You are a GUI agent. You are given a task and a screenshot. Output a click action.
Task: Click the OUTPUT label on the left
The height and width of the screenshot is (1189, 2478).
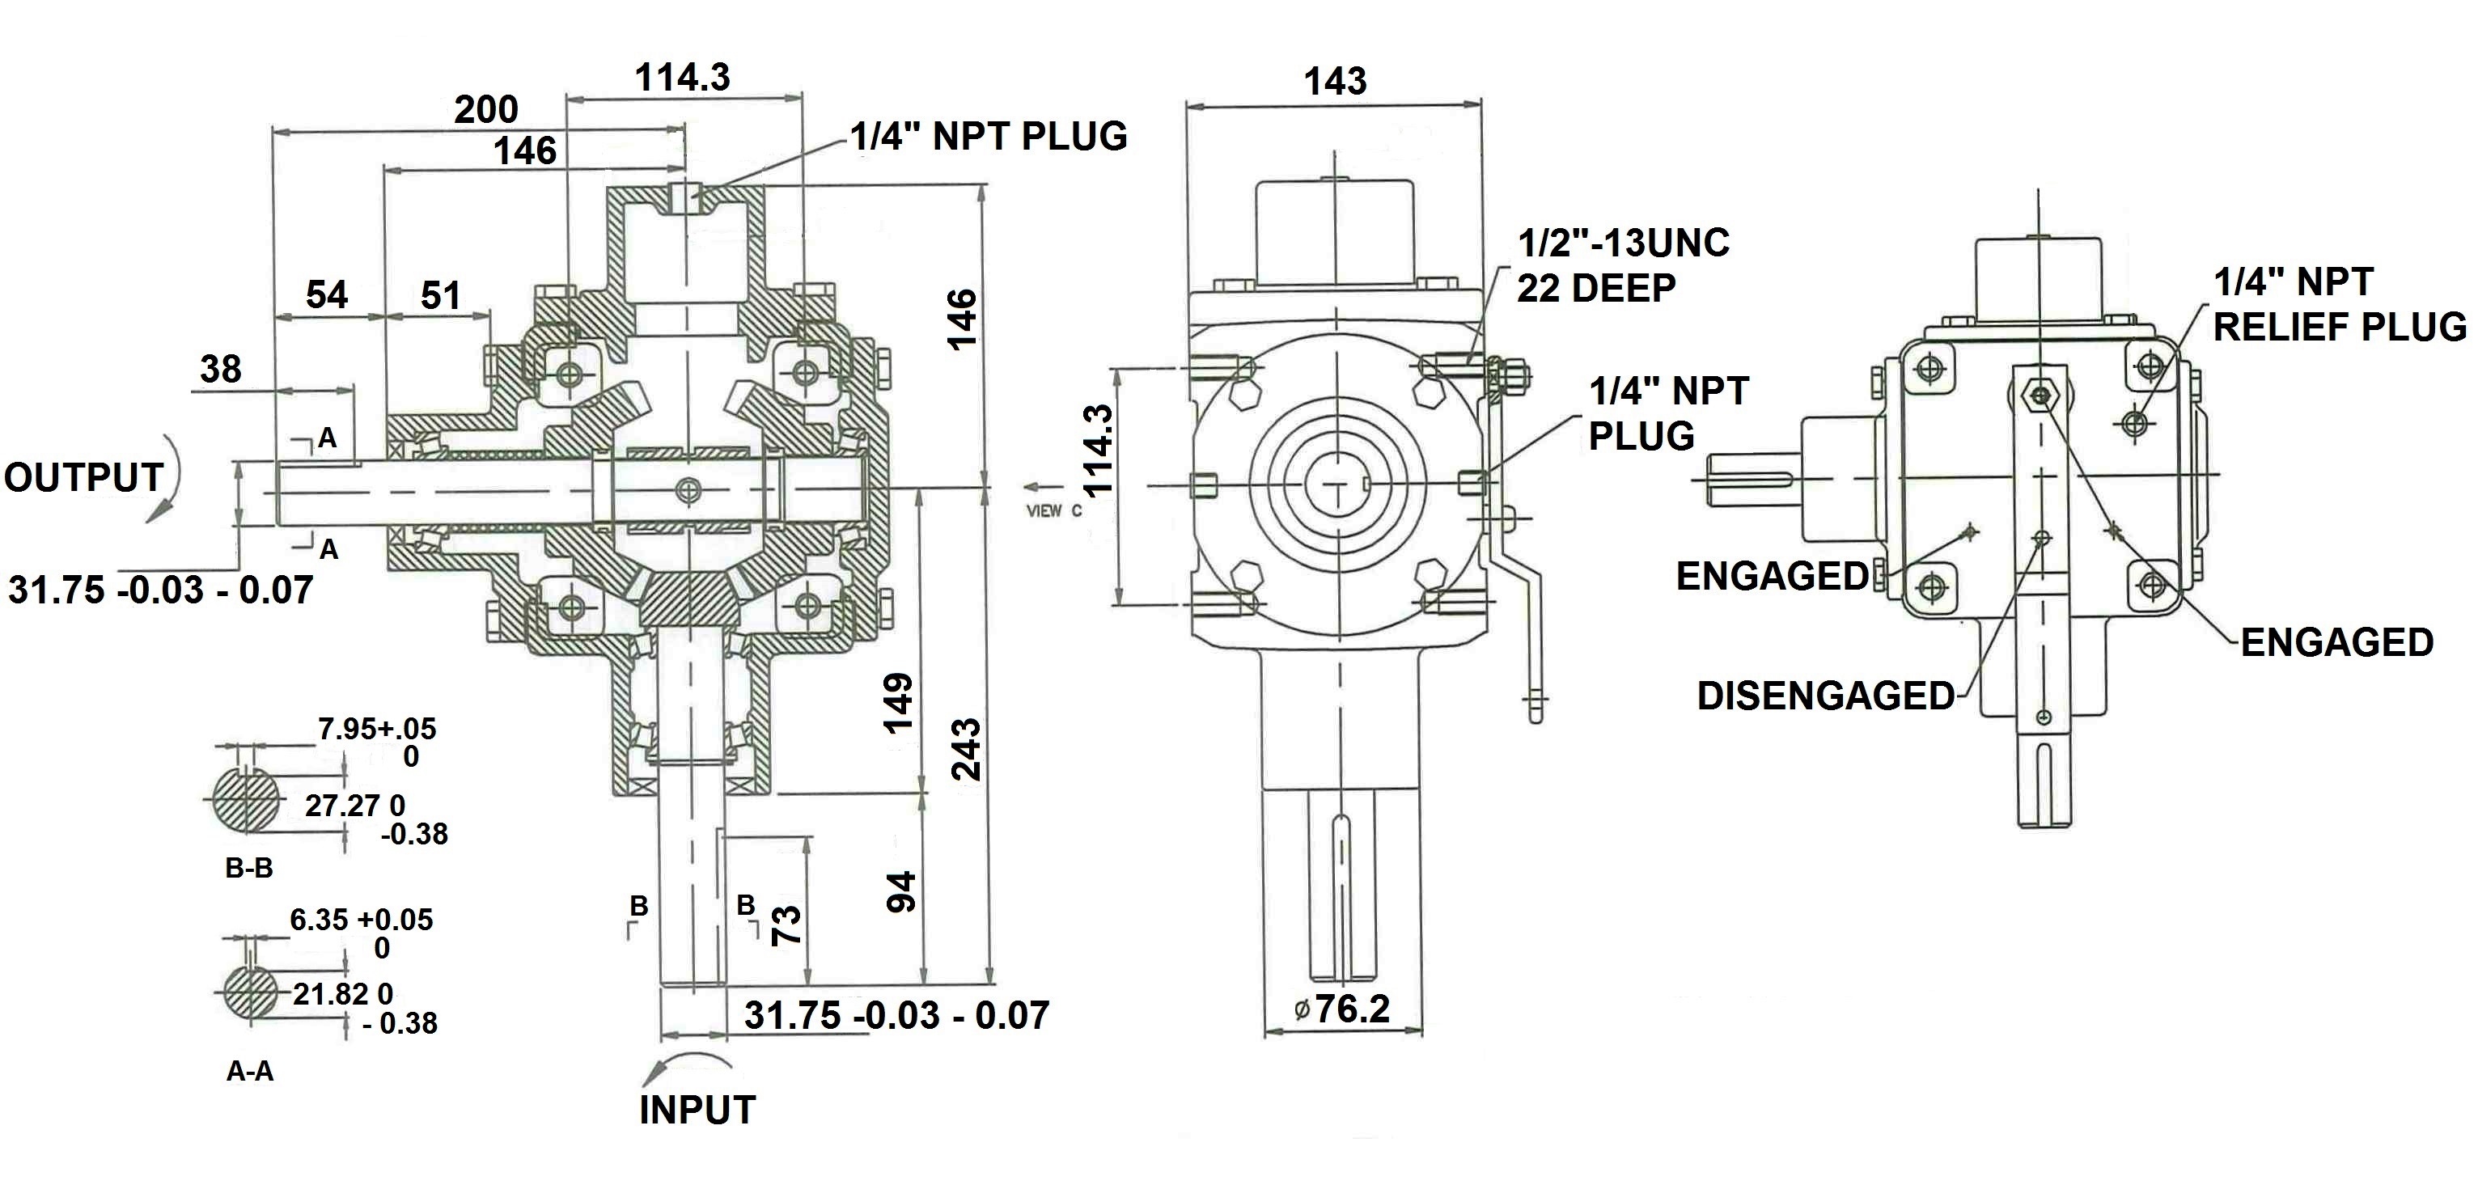[83, 478]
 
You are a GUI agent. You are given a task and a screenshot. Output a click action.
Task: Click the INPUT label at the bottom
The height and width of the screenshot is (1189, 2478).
[697, 1110]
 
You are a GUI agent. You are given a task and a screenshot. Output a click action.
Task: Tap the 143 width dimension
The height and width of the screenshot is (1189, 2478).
[1334, 81]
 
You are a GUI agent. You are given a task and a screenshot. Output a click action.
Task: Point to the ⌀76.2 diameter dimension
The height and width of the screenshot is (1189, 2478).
[1343, 1009]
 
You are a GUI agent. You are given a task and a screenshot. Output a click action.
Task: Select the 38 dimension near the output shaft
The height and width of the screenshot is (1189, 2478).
[220, 369]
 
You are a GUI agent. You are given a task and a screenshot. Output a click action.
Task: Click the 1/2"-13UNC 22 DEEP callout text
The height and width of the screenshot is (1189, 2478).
[1622, 264]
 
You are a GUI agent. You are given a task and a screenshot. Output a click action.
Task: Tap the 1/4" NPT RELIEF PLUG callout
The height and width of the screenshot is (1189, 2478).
[2339, 304]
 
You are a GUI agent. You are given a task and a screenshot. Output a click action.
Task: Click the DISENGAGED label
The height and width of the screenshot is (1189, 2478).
[1825, 696]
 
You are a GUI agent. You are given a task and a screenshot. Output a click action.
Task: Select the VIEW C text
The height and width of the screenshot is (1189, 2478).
[1053, 511]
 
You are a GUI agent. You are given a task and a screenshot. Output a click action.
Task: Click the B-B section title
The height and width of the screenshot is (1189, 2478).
[248, 868]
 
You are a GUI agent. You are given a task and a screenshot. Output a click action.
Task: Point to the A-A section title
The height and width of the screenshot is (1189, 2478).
[249, 1071]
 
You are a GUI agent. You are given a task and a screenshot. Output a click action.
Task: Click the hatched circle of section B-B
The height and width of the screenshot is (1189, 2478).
[245, 799]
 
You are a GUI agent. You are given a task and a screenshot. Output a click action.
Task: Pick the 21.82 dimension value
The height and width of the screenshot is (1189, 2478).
[329, 994]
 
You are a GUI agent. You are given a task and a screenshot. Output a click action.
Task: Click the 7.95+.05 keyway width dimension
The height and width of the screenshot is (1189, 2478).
[376, 728]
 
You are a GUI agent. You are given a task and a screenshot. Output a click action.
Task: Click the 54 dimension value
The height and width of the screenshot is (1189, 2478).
[326, 294]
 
